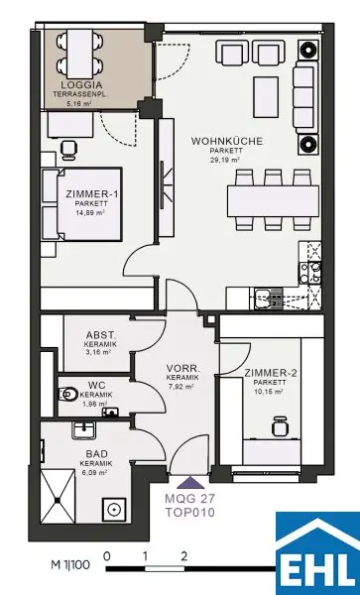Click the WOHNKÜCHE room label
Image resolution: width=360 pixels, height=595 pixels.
click(x=226, y=141)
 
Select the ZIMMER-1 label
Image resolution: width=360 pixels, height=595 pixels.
click(x=91, y=194)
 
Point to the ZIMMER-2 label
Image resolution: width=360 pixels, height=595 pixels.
click(x=271, y=373)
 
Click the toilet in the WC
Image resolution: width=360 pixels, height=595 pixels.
click(x=68, y=395)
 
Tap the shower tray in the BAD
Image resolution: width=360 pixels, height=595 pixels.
click(x=58, y=497)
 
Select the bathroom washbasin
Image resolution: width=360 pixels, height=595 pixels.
click(x=84, y=430)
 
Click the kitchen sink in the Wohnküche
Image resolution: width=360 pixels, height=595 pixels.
click(x=269, y=297)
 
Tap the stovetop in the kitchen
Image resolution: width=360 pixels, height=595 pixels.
click(x=310, y=272)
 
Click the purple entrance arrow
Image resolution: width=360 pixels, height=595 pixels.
click(x=190, y=484)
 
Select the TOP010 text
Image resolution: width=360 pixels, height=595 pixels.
click(x=189, y=513)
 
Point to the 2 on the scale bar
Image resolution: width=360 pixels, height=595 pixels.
click(x=184, y=557)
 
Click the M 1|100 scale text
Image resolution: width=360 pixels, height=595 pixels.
click(x=70, y=565)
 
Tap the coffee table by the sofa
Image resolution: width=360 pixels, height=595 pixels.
click(x=266, y=97)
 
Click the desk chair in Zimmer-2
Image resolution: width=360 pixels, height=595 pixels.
click(x=280, y=426)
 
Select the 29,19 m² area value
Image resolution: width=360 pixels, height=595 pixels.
click(x=226, y=160)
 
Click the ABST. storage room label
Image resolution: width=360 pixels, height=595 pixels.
click(x=101, y=335)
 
